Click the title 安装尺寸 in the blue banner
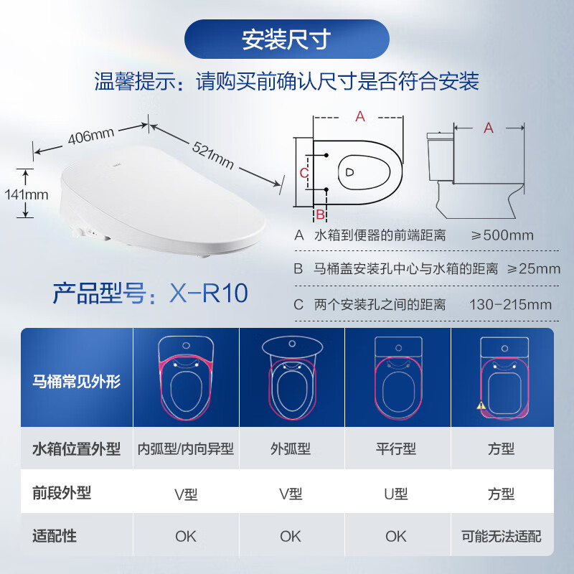(286, 39)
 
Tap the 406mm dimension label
(92, 136)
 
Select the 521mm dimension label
(213, 155)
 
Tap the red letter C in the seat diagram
(304, 173)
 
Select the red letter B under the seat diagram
(321, 214)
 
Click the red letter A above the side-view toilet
(489, 128)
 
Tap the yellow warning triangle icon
(481, 405)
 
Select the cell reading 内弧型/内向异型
(186, 449)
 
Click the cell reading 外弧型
(291, 449)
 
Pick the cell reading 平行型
(396, 449)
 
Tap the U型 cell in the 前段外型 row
(396, 494)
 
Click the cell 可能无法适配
(502, 536)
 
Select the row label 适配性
(55, 536)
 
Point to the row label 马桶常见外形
(77, 380)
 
